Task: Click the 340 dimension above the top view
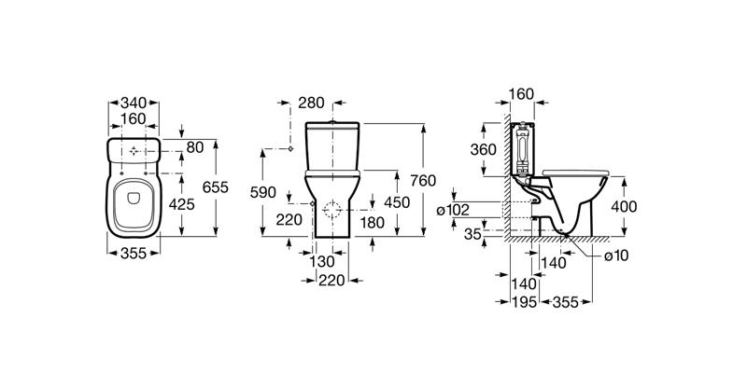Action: coord(134,103)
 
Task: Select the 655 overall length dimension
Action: coord(216,187)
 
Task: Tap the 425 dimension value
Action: coord(181,204)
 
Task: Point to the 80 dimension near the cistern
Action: coord(195,147)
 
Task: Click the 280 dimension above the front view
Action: coord(311,103)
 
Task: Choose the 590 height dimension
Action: coord(263,193)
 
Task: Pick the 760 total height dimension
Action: coord(423,181)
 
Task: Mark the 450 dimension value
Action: coord(397,202)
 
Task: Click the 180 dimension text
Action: coord(372,222)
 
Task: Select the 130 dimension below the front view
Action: coord(322,262)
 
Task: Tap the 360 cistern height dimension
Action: coord(483,150)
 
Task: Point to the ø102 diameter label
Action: coord(453,210)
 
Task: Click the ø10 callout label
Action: coord(616,256)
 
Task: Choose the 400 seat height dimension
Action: coord(624,206)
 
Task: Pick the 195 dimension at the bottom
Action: coord(525,302)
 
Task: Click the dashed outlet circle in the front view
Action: coord(332,210)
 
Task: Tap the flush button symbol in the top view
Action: coord(134,151)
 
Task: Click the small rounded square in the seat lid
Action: coord(134,198)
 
